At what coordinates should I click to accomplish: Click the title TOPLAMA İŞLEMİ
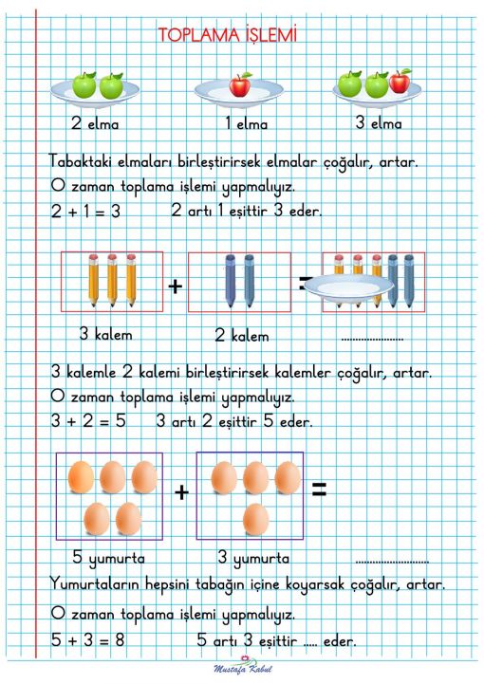pos(228,35)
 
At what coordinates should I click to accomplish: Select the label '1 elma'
pos(246,124)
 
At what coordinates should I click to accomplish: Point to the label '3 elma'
pos(379,123)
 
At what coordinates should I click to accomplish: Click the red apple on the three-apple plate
pos(400,82)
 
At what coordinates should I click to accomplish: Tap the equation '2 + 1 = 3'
pos(85,213)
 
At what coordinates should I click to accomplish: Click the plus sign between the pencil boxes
pos(176,284)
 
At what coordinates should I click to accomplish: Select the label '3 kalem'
pos(105,335)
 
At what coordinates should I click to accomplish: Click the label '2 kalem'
pos(242,336)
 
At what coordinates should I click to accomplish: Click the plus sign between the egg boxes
pos(181,491)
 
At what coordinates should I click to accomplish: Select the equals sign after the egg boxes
pos(319,490)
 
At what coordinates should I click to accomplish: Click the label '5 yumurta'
pos(109,558)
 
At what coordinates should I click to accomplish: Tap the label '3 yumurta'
pos(253,558)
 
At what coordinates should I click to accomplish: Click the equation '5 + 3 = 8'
pos(88,640)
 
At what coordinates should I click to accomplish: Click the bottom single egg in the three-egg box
pos(255,519)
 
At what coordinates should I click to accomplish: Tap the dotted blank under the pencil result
pos(371,338)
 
